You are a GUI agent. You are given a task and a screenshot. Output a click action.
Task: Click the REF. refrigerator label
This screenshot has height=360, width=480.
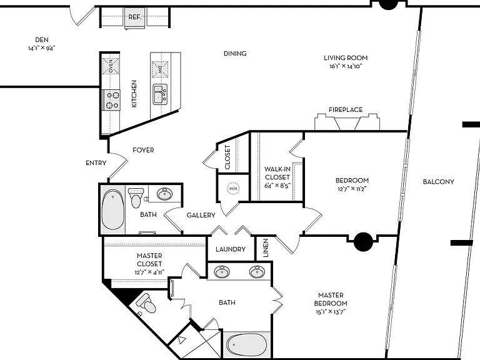pos(135,17)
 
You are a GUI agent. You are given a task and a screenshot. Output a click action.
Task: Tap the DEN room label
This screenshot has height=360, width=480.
pos(42,40)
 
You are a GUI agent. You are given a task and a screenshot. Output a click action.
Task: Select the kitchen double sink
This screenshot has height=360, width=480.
pos(160,94)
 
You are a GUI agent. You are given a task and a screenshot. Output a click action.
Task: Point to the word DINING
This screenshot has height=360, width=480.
pos(235,54)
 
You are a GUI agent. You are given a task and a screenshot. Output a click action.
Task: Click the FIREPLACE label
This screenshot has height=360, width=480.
pos(346,109)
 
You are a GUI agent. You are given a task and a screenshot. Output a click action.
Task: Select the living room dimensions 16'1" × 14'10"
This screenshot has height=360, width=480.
pos(346,66)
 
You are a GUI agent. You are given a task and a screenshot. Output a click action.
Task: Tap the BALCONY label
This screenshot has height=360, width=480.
pos(438,182)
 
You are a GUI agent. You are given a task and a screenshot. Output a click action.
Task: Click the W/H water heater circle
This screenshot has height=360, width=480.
pos(233,188)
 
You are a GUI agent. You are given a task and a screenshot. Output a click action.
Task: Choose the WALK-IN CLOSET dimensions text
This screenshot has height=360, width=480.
pos(277,186)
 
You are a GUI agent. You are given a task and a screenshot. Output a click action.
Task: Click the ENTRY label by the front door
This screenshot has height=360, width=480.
pos(96,163)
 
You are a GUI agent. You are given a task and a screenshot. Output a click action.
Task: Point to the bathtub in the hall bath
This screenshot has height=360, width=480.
pos(113,210)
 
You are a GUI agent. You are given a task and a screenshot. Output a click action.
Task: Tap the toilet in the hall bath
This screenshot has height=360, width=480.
pos(136,197)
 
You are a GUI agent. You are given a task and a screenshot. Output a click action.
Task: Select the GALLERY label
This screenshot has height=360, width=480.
pos(201,215)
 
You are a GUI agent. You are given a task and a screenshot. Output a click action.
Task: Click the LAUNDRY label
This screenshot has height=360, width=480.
pos(231,249)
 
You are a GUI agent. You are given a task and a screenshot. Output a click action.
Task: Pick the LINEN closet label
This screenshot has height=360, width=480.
pos(266,248)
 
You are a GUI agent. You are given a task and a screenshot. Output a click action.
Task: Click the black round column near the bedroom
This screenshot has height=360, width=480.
pos(363,242)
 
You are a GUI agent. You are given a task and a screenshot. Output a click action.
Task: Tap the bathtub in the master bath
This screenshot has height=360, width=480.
pos(247,345)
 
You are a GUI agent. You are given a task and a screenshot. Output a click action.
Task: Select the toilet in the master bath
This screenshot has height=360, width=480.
pos(146,303)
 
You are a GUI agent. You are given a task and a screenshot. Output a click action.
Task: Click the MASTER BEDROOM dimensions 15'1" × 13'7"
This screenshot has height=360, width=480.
pos(331,312)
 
